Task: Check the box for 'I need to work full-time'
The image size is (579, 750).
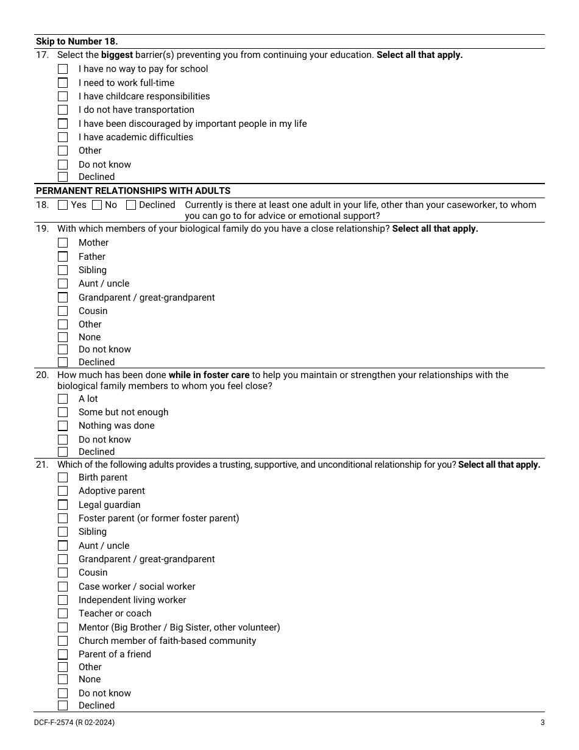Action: [x=63, y=83]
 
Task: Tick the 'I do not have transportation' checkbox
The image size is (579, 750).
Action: [x=63, y=110]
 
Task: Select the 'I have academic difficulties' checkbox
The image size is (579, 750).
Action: [x=63, y=137]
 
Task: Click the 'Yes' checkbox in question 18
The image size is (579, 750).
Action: [x=63, y=205]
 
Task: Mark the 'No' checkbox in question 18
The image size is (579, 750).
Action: [x=97, y=205]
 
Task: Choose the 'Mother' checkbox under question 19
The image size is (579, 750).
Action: [x=63, y=243]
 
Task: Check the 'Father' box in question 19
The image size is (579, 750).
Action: [x=63, y=257]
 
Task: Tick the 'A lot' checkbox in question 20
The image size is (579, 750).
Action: [x=63, y=399]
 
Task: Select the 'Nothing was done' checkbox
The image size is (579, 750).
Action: [x=63, y=426]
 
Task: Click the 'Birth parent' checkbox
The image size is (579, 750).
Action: [x=63, y=477]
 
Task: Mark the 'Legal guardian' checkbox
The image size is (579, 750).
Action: [x=63, y=505]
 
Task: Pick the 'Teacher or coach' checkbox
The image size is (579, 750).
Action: [x=63, y=613]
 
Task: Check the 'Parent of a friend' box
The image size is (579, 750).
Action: [x=63, y=654]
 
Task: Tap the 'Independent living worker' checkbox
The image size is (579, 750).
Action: [x=63, y=600]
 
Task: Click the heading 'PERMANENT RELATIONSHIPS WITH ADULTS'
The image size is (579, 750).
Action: [x=133, y=191]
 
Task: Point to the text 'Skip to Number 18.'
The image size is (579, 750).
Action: [x=77, y=41]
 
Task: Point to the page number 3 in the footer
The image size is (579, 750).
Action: [x=542, y=723]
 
